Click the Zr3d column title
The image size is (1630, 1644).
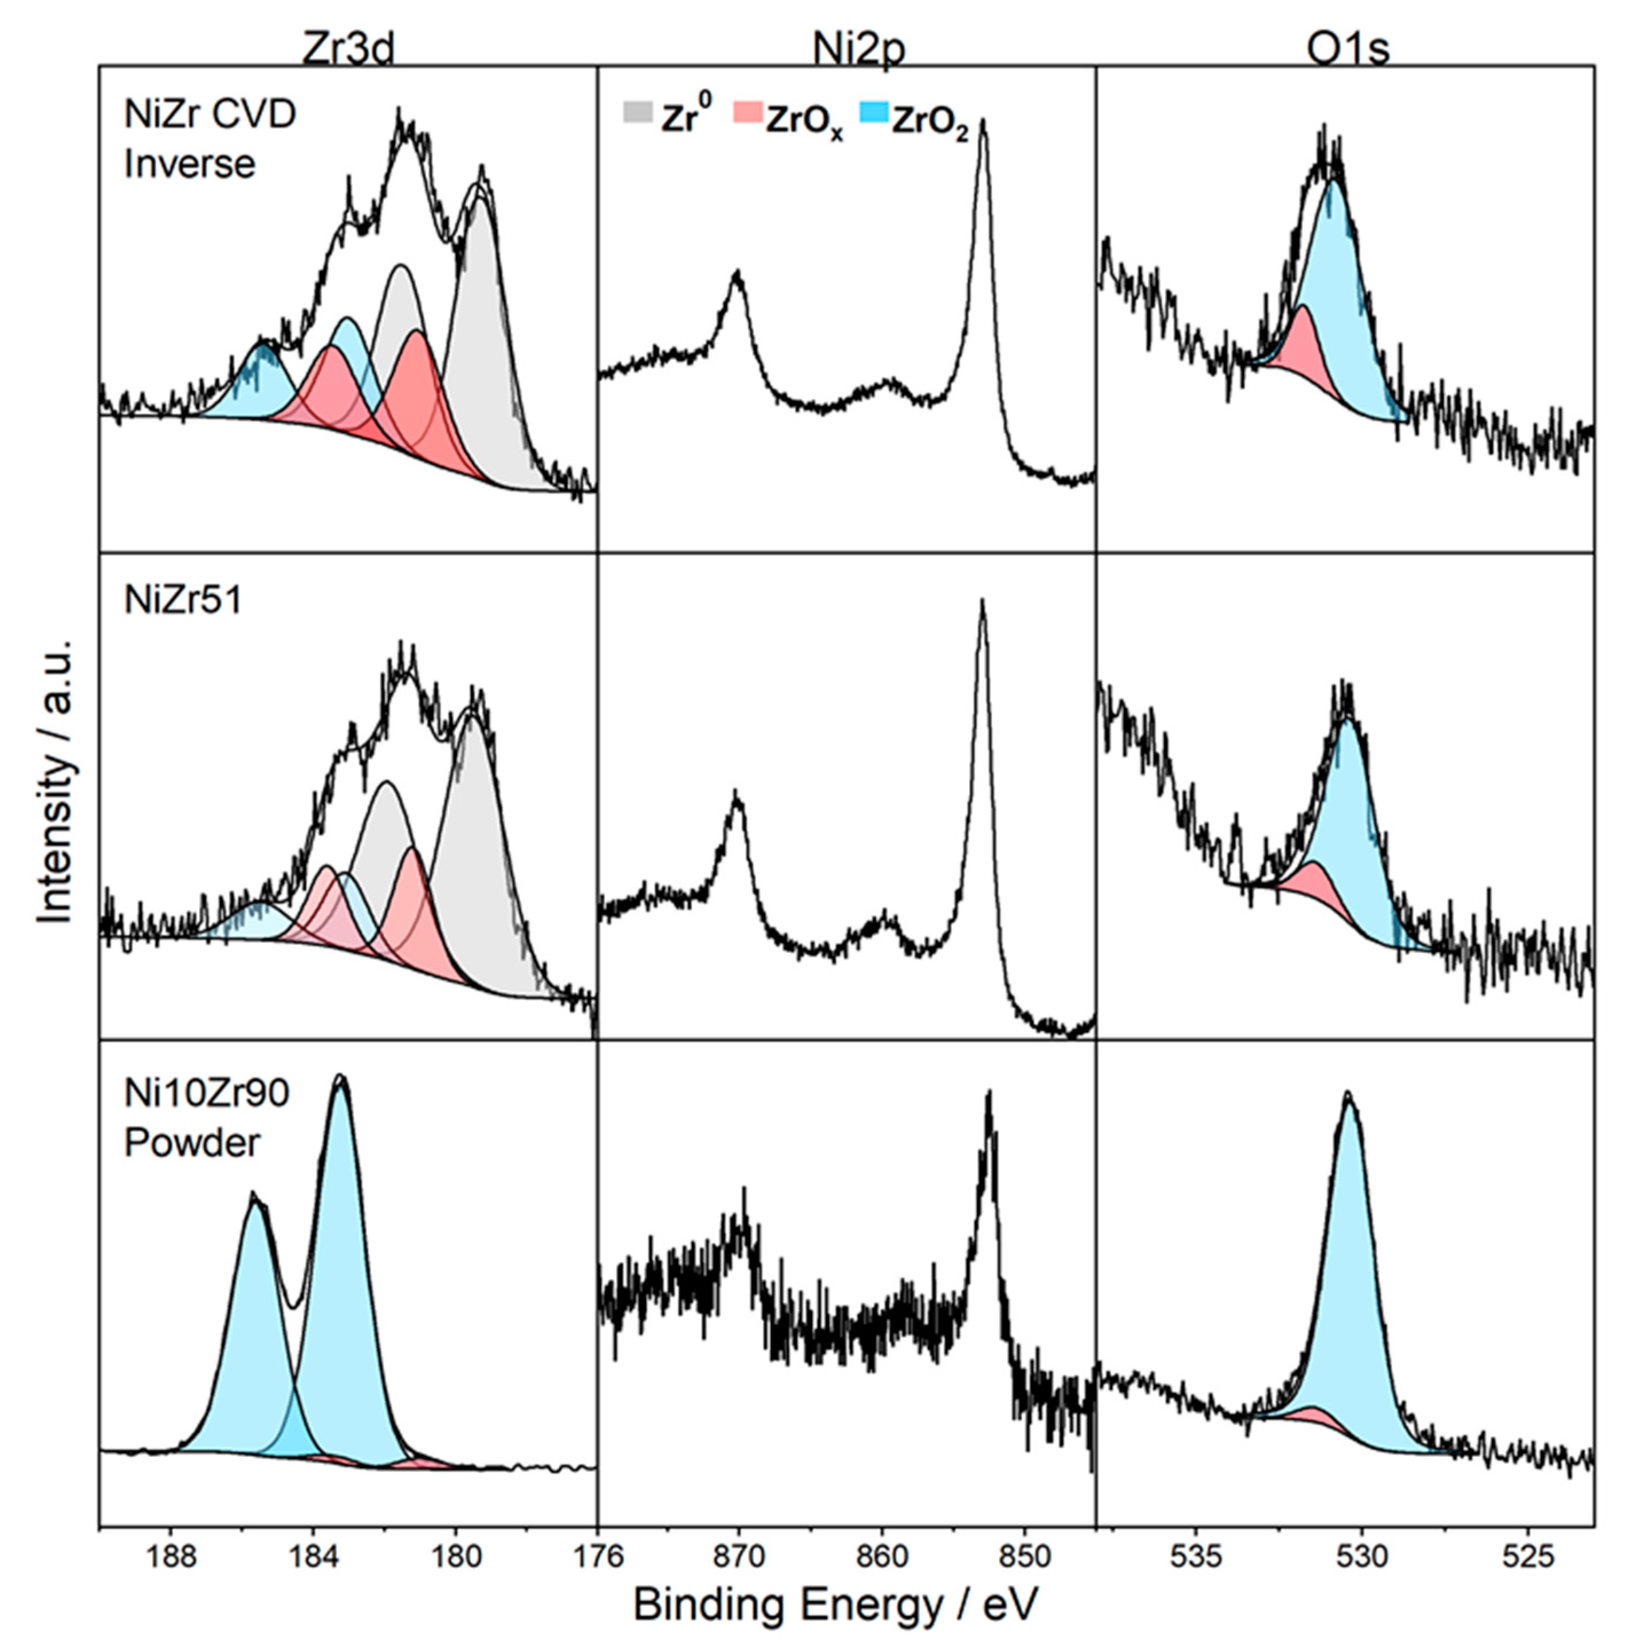coord(348,49)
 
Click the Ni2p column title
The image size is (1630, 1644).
coord(859,49)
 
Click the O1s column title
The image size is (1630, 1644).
coord(1348,49)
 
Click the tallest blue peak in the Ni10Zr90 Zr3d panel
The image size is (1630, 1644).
coord(340,1191)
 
